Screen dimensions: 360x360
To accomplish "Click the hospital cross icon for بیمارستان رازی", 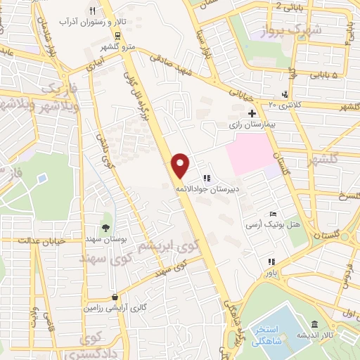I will [x=252, y=113].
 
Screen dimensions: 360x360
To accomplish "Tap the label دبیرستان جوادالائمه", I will [x=207, y=188].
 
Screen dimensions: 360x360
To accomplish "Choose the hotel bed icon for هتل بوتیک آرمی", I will [x=274, y=214].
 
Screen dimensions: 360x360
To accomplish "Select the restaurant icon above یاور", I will [x=269, y=262].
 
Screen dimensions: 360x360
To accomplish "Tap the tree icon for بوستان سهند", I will [x=105, y=226].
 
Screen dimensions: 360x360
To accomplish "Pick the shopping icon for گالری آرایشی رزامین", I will [x=114, y=297].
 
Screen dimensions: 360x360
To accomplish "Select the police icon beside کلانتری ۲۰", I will [x=284, y=94].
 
